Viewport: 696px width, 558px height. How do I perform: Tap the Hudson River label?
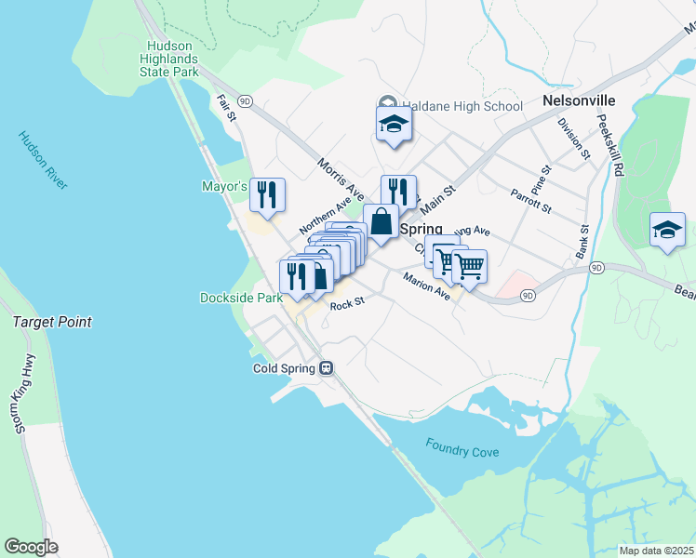click(43, 160)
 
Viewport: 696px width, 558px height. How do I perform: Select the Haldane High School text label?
click(462, 106)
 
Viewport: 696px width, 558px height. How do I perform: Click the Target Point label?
click(52, 322)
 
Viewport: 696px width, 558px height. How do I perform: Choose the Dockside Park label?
click(241, 299)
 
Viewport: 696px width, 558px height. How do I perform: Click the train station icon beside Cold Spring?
click(327, 368)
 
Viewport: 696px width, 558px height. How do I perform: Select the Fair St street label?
click(227, 107)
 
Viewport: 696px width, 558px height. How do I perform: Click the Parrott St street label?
click(531, 200)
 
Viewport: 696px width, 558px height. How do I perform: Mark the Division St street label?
click(573, 136)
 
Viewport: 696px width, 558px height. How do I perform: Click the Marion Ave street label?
click(426, 286)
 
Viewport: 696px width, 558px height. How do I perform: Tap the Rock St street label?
click(346, 303)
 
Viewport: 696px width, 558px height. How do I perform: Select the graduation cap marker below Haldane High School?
click(394, 125)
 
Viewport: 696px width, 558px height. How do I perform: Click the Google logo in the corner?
click(32, 547)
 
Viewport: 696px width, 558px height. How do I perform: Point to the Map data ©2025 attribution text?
click(656, 551)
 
